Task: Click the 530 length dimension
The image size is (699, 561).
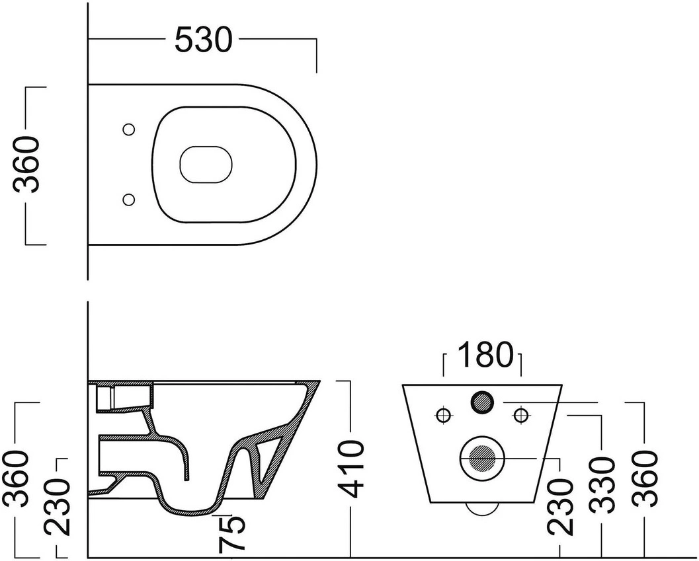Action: pos(203,40)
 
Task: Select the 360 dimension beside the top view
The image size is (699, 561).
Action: pos(26,165)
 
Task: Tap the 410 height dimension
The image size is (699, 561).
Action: pos(350,468)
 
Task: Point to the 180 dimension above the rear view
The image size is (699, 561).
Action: pos(483,355)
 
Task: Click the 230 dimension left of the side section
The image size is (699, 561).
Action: pos(57,507)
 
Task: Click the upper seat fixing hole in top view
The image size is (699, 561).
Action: pos(129,130)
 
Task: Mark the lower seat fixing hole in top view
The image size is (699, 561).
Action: pos(129,199)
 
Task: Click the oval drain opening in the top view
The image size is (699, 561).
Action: pos(206,165)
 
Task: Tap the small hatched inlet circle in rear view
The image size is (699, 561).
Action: pos(482,402)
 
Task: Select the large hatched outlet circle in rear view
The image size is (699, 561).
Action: pos(482,458)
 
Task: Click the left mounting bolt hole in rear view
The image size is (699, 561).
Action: pos(443,416)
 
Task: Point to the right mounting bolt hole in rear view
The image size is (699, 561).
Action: pos(520,416)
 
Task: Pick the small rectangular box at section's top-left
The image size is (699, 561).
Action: pos(106,398)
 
